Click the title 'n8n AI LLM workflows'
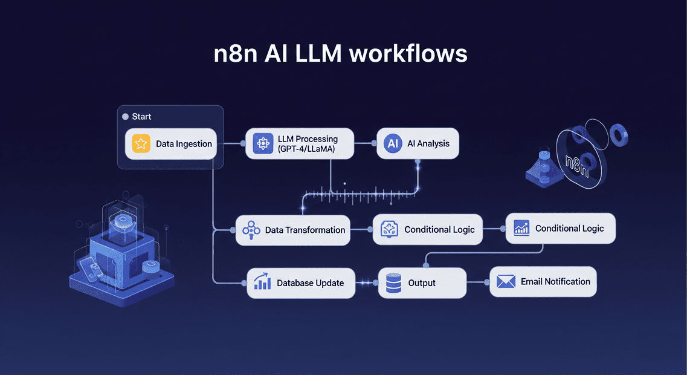pyautogui.click(x=341, y=54)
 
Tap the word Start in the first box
pyautogui.click(x=141, y=116)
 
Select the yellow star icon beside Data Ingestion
pyautogui.click(x=141, y=144)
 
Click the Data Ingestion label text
pyautogui.click(x=184, y=144)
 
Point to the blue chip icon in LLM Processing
pyautogui.click(x=263, y=143)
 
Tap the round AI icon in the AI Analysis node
pyautogui.click(x=393, y=143)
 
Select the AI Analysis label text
pyautogui.click(x=429, y=143)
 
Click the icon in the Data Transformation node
pyautogui.click(x=251, y=230)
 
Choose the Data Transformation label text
pyautogui.click(x=305, y=230)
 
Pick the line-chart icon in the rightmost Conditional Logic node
pyautogui.click(x=521, y=228)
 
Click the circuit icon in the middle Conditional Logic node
pyautogui.click(x=389, y=229)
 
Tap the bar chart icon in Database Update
pyautogui.click(x=262, y=282)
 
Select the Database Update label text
pyautogui.click(x=310, y=282)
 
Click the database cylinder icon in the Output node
pyautogui.click(x=393, y=282)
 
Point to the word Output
pyautogui.click(x=422, y=282)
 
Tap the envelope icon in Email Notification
pyautogui.click(x=505, y=281)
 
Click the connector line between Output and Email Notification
pyautogui.click(x=478, y=282)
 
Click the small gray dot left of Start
pyautogui.click(x=126, y=116)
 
